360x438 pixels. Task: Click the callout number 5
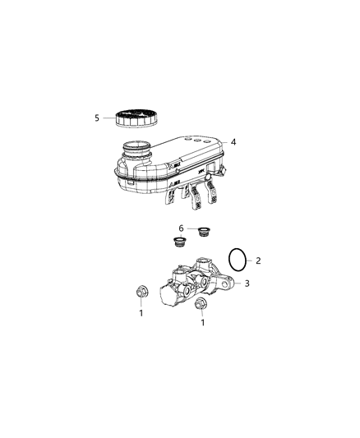pyautogui.click(x=96, y=118)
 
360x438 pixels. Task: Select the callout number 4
pyautogui.click(x=233, y=142)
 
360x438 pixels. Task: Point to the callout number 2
pyautogui.click(x=258, y=260)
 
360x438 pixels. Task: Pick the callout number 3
pyautogui.click(x=246, y=284)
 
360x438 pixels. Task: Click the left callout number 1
pyautogui.click(x=141, y=312)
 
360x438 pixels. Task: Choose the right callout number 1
pyautogui.click(x=202, y=323)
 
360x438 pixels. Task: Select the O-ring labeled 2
pyautogui.click(x=238, y=259)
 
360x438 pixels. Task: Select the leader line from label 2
pyautogui.click(x=251, y=260)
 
